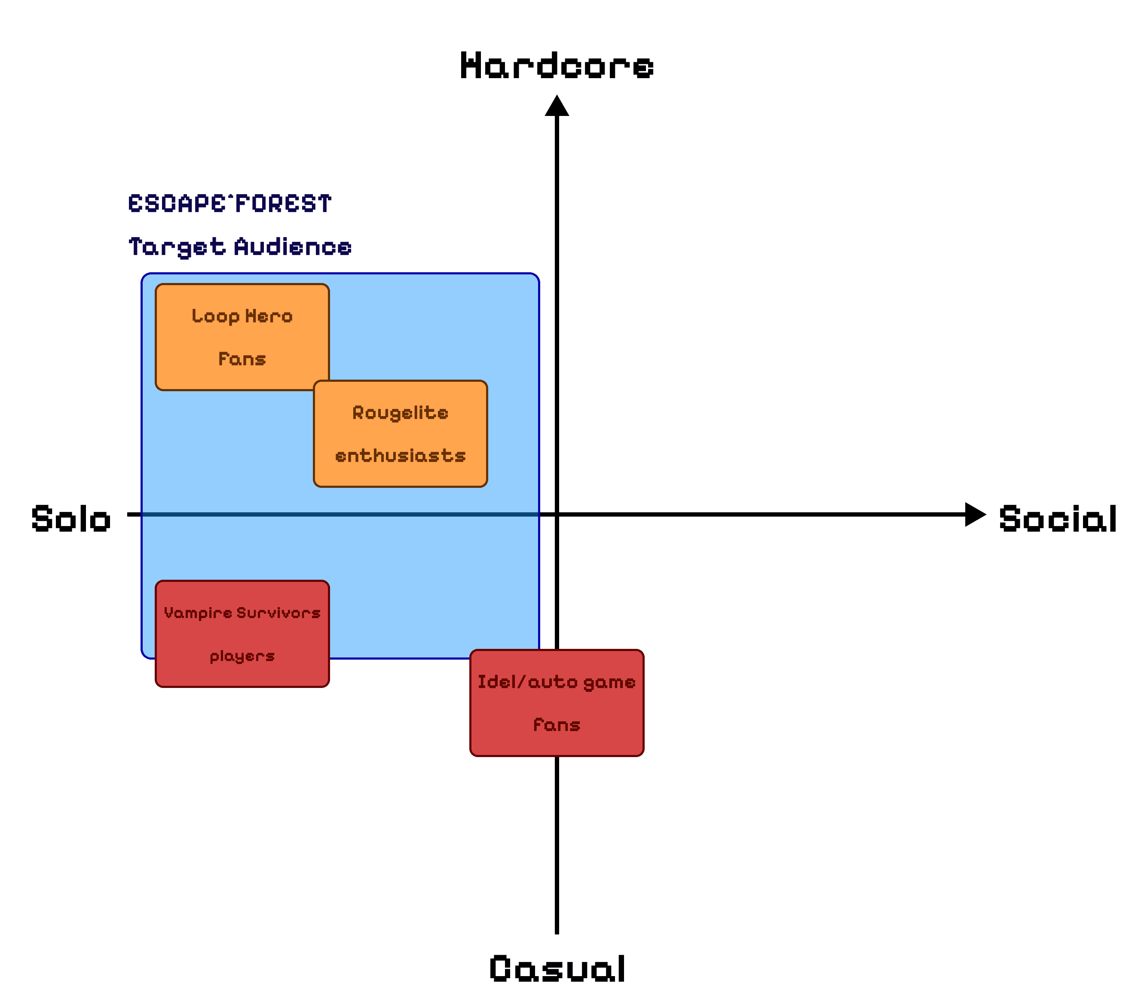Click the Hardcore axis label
point(557,66)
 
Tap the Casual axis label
point(557,969)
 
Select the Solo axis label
point(71,519)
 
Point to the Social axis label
point(1058,519)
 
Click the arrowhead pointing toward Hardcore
point(557,106)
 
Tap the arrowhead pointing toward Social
point(975,514)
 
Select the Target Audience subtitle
point(240,247)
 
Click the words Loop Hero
point(242,316)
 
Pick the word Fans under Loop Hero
point(242,359)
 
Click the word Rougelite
point(401,413)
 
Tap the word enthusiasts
point(401,456)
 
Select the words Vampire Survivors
point(242,613)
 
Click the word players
point(242,656)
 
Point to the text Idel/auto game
point(557,682)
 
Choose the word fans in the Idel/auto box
point(557,725)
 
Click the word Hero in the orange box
point(269,316)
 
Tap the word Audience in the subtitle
point(293,247)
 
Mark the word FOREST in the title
point(283,204)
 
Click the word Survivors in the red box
point(278,613)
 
